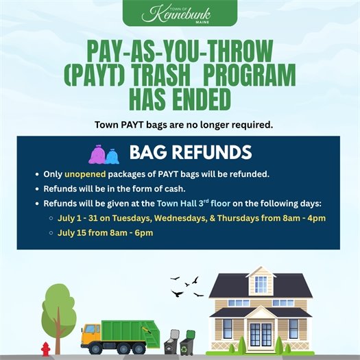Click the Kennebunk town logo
(180, 13)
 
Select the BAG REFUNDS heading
(190, 152)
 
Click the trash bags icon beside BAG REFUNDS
(104, 154)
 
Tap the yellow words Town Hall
(179, 204)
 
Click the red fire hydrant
(46, 348)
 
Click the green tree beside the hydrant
(59, 306)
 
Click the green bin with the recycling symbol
(187, 343)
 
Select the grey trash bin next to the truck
(171, 342)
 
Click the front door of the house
(261, 333)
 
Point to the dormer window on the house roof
(261, 283)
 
